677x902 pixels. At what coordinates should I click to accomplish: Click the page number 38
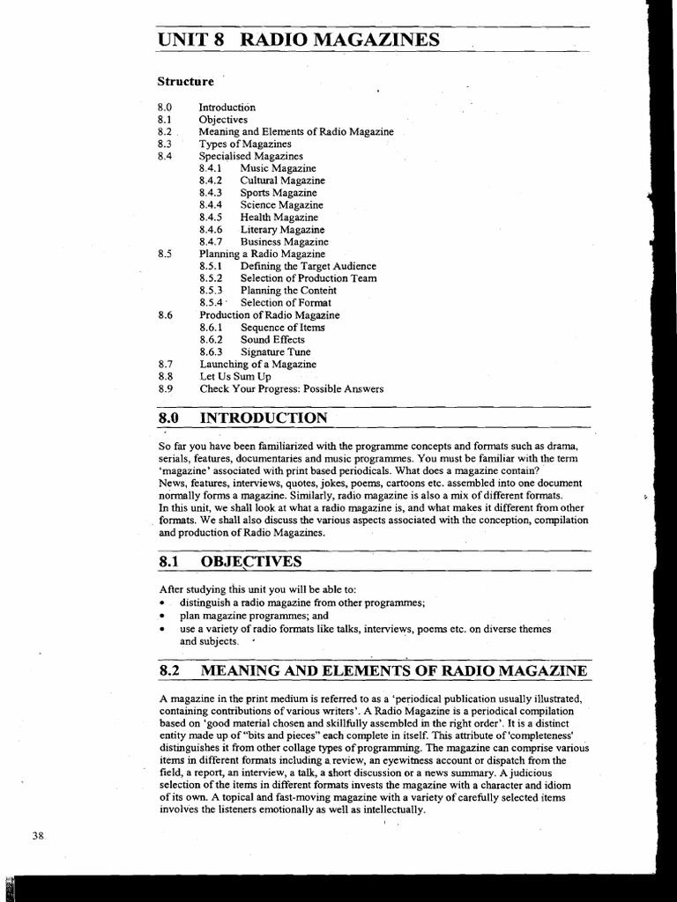(x=38, y=836)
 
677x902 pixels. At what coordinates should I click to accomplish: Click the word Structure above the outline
(x=185, y=82)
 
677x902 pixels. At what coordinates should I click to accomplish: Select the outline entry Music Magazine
(x=278, y=167)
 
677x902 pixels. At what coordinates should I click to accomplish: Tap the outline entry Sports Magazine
(x=279, y=192)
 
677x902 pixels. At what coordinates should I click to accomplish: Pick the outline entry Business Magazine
(x=284, y=241)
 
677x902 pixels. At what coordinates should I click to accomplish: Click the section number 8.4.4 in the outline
(x=211, y=204)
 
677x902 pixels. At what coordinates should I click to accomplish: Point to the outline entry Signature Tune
(x=275, y=351)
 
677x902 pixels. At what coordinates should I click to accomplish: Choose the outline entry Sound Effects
(x=272, y=339)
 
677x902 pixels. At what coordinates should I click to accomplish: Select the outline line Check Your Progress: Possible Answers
(x=292, y=388)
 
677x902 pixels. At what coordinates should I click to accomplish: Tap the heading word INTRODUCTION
(x=264, y=418)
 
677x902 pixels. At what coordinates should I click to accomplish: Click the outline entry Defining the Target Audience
(x=308, y=266)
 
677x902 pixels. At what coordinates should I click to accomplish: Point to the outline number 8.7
(x=165, y=364)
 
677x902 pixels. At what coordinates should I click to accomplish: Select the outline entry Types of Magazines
(x=244, y=143)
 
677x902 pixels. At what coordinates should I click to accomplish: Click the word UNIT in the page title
(x=184, y=41)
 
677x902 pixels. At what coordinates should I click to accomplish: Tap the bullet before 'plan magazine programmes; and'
(x=163, y=617)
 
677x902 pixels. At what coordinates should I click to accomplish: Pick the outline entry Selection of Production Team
(x=309, y=278)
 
